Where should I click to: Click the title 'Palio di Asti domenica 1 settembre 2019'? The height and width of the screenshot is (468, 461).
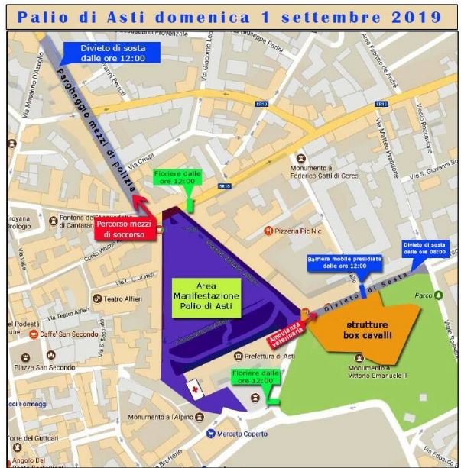tap(230, 16)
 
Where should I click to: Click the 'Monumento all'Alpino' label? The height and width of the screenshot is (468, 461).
tap(161, 418)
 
